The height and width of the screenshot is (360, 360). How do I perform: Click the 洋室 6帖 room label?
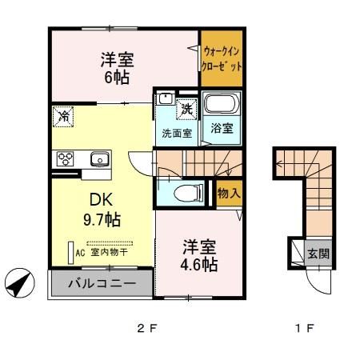point(116,67)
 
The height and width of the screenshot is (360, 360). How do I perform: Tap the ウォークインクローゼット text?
point(222,60)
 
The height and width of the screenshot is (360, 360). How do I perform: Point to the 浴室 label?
point(222,128)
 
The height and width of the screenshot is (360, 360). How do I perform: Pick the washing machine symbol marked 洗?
point(186,108)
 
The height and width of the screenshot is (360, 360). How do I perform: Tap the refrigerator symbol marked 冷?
point(63,117)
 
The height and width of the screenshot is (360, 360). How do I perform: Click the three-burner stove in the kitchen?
point(65,158)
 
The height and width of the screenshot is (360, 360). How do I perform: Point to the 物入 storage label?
point(229,193)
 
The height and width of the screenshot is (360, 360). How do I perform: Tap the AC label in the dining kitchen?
point(79,250)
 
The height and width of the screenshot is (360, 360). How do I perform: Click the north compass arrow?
point(22,282)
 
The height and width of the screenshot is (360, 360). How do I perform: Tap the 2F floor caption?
point(143,327)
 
